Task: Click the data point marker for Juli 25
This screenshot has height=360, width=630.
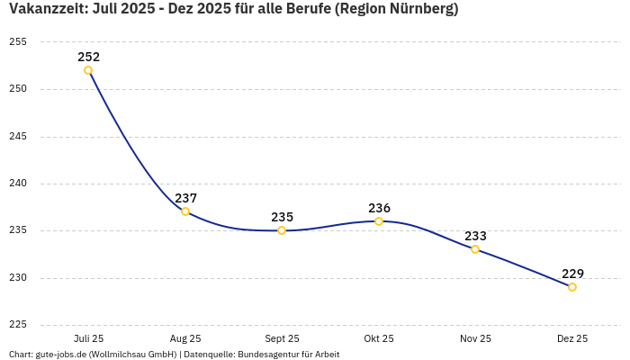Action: (x=88, y=70)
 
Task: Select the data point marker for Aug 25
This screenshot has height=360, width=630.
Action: (x=185, y=211)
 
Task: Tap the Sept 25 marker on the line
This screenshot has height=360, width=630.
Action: (x=282, y=230)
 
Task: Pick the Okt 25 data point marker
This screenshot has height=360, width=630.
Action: (x=379, y=221)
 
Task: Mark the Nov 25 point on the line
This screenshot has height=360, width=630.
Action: (x=475, y=249)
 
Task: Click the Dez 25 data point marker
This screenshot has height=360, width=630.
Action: (x=572, y=287)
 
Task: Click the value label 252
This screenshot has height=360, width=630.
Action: (x=88, y=57)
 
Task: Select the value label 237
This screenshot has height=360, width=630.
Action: (x=185, y=198)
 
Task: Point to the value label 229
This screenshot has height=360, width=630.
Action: (x=572, y=274)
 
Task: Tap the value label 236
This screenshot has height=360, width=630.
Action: (x=379, y=208)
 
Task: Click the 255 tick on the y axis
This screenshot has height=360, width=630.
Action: (x=17, y=42)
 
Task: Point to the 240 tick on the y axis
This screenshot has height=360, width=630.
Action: (x=17, y=184)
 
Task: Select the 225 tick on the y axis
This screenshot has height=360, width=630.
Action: (x=17, y=325)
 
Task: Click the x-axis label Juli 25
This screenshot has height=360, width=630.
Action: (x=88, y=338)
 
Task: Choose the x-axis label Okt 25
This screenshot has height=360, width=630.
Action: (x=379, y=338)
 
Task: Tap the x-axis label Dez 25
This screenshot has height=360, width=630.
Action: (x=572, y=338)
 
